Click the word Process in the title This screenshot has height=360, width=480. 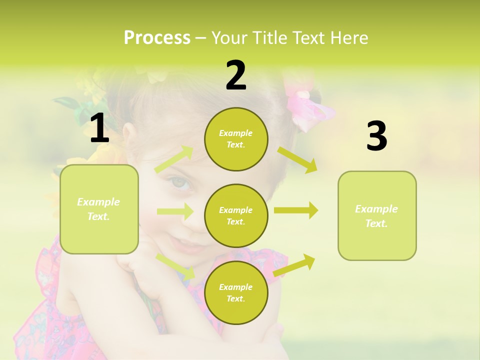[x=157, y=38]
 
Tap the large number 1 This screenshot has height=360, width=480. [x=99, y=128]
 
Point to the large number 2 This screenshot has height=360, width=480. [x=236, y=75]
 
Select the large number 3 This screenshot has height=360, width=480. [x=376, y=136]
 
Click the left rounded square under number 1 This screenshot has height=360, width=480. [x=99, y=209]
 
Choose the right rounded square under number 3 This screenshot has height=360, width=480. [x=377, y=215]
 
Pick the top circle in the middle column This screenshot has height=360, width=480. [x=236, y=139]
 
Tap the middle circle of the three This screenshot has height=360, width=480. [x=236, y=215]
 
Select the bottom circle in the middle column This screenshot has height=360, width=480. [x=236, y=292]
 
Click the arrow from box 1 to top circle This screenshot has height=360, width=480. [x=174, y=159]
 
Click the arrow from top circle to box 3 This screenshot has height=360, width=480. [x=297, y=159]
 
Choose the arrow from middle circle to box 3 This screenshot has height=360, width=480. [x=295, y=210]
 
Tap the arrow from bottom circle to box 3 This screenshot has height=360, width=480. [x=294, y=265]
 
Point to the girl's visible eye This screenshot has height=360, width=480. [x=180, y=183]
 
